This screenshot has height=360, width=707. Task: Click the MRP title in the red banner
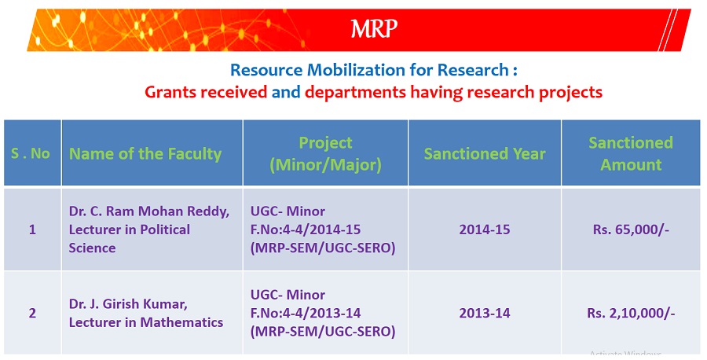pos(374,29)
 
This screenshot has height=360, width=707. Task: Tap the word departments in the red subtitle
pos(355,93)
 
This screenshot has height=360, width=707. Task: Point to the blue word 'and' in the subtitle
pos(286,92)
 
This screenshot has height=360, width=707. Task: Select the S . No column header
pos(30,153)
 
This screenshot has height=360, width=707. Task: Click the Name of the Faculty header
pos(145,154)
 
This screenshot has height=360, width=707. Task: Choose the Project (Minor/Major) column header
pos(325,154)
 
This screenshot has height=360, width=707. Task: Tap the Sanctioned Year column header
pos(485,154)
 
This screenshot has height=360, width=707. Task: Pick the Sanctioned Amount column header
pos(631,153)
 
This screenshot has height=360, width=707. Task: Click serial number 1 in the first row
pos(32,230)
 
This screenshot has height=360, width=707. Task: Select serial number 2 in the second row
pos(32,313)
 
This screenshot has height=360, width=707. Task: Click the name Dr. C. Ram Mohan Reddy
pos(149,211)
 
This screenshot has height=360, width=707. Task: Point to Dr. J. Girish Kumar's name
pos(128,304)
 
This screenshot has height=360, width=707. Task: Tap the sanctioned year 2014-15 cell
pos(485,230)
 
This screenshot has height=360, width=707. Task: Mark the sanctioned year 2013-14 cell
pos(485,313)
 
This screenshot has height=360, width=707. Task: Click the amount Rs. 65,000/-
pos(632,230)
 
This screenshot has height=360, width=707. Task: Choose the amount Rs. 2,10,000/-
pos(632,313)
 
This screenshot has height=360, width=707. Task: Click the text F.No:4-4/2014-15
pos(306,230)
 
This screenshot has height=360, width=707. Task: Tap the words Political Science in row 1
pos(130,239)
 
